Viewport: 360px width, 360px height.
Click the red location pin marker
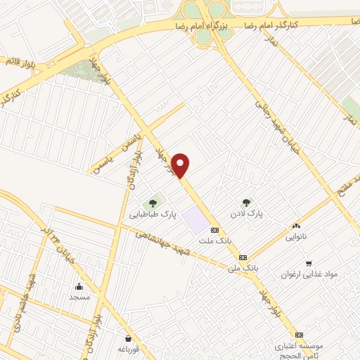pyautogui.click(x=181, y=166)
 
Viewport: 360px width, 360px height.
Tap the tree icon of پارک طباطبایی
pyautogui.click(x=153, y=204)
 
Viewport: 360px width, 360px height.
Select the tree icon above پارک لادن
pyautogui.click(x=246, y=202)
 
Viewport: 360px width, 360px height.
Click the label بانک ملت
pyautogui.click(x=215, y=240)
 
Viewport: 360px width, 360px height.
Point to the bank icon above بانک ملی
pyautogui.click(x=243, y=257)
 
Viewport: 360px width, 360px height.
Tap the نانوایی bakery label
pyautogui.click(x=296, y=237)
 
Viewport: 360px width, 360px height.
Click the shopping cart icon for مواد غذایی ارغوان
pyautogui.click(x=309, y=264)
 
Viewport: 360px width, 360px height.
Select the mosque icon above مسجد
pyautogui.click(x=79, y=287)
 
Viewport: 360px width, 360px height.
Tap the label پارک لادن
pyautogui.click(x=247, y=212)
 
